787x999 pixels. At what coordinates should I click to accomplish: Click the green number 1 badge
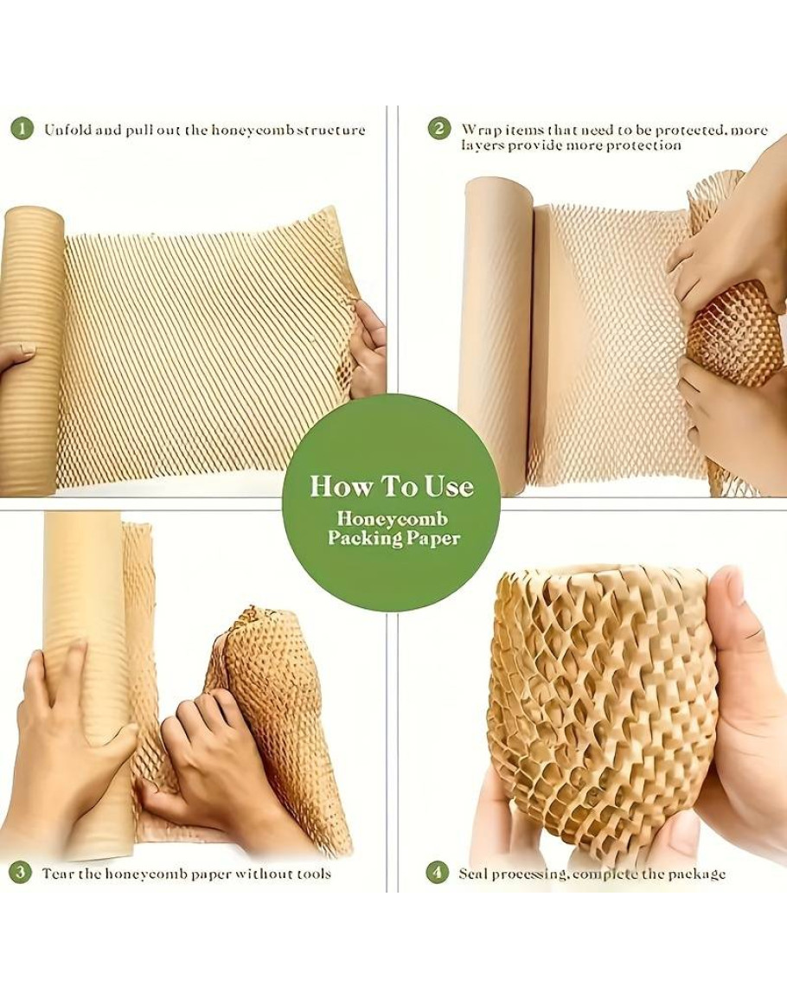22,130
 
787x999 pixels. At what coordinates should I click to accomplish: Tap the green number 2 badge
438,130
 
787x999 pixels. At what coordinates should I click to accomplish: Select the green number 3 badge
20,872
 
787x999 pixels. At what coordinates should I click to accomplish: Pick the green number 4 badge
437,872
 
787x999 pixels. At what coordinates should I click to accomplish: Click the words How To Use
392,487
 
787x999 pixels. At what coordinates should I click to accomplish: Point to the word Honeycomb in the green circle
393,518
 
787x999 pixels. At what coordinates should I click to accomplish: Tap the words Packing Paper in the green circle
393,538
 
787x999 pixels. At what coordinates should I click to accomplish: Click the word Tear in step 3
58,873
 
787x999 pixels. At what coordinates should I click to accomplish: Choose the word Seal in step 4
474,874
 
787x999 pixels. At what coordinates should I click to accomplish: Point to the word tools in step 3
314,873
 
